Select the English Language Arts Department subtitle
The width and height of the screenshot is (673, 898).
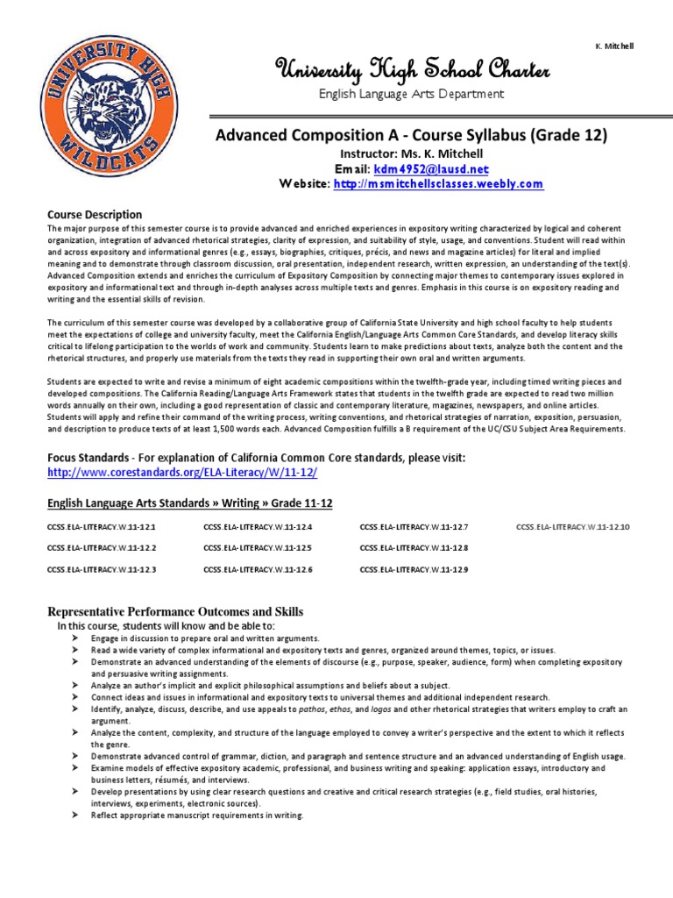tap(411, 94)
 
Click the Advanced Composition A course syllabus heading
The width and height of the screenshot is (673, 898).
tap(411, 136)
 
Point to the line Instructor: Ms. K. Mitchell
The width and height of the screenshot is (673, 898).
tap(411, 153)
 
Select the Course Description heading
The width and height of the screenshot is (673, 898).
tap(95, 214)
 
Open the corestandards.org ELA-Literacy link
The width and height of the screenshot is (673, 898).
tap(181, 472)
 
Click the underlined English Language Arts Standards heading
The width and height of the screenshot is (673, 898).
tap(189, 502)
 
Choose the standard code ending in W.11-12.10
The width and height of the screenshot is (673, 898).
tap(579, 527)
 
